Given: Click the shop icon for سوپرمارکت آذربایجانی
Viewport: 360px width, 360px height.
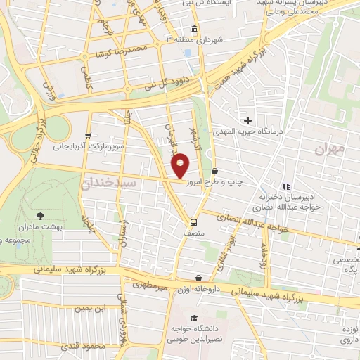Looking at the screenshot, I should pos(87,135).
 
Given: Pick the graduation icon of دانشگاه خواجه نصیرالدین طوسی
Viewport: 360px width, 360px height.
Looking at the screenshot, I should pos(173,327).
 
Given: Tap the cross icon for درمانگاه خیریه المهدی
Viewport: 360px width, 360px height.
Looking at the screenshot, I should pos(247,120).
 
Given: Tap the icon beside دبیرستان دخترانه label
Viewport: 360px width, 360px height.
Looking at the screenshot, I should pos(285,186).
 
